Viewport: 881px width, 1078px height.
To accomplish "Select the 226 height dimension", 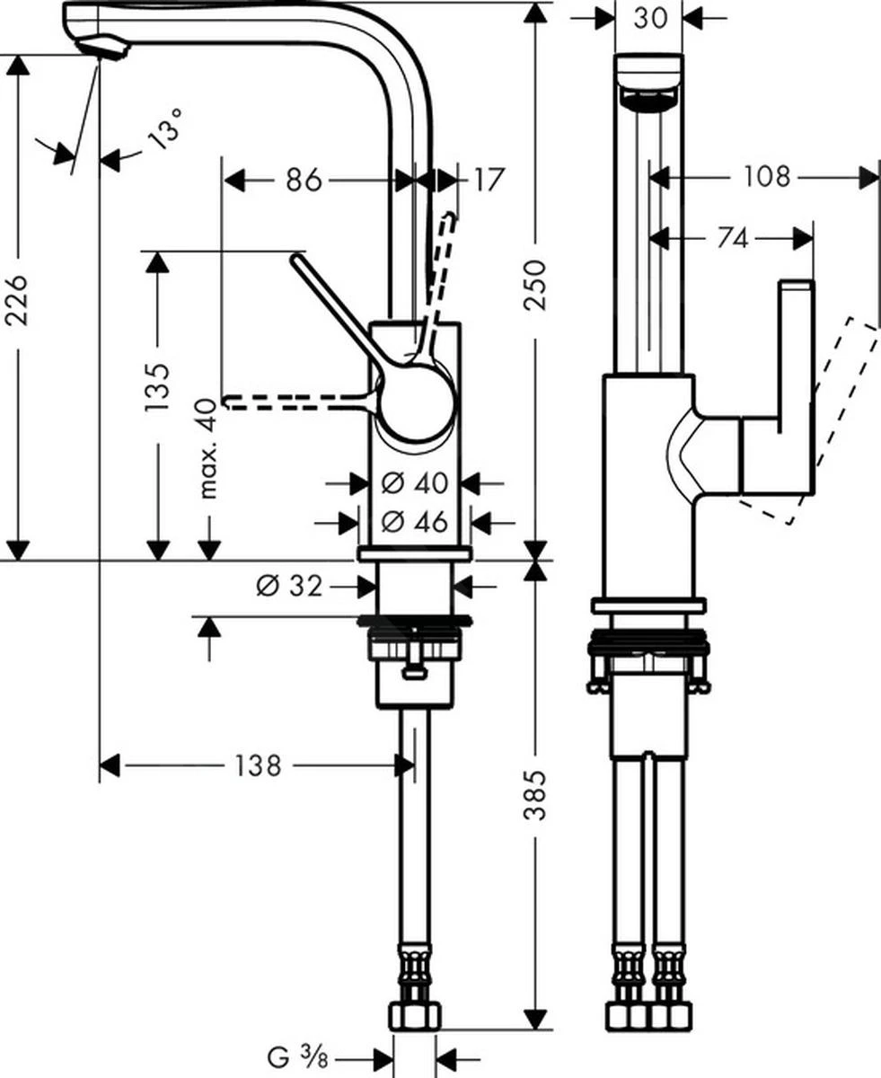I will point(19,300).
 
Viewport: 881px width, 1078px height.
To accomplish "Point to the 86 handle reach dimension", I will point(304,180).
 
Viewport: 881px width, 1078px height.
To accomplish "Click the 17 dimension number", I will point(487,180).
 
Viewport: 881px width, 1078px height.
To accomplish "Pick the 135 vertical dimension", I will point(157,387).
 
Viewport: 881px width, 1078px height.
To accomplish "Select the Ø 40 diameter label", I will point(415,483).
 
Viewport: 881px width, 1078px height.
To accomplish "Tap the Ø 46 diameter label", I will point(415,521).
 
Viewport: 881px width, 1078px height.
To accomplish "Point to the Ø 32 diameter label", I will point(289,587).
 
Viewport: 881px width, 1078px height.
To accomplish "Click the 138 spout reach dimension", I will point(258,765).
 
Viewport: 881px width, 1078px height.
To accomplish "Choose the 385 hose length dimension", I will point(535,795).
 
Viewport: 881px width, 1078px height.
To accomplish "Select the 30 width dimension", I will point(649,18).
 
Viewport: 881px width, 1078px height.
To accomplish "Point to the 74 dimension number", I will point(733,238).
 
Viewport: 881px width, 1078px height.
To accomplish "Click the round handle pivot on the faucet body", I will point(415,403).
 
